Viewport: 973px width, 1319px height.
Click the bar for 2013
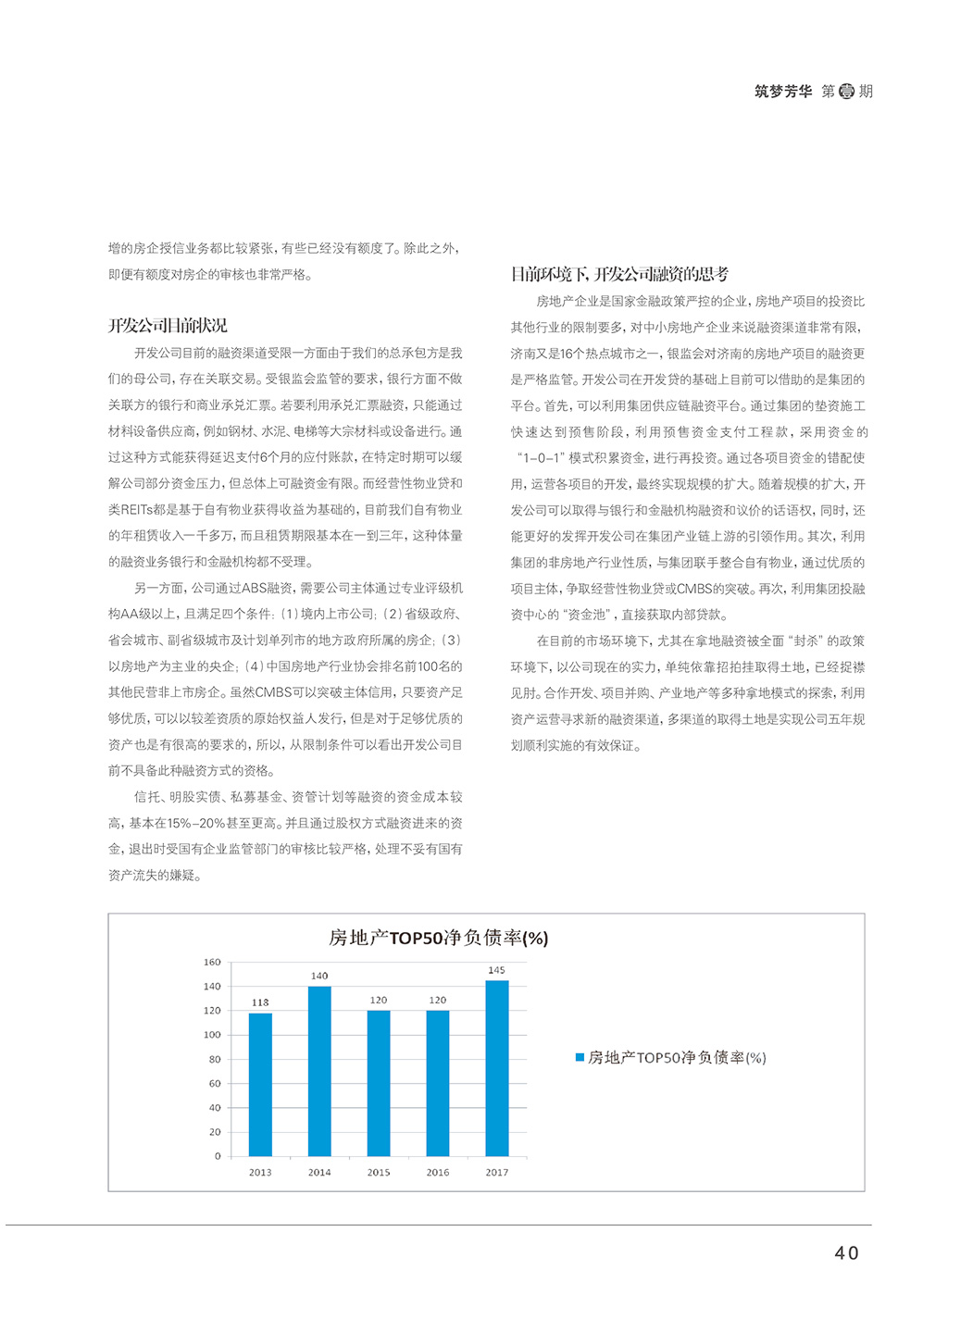[260, 1084]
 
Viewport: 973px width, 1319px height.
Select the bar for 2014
[319, 1071]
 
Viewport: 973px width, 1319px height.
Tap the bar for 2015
[379, 1083]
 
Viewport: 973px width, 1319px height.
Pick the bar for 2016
[438, 1083]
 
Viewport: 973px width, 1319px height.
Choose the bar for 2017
[497, 1068]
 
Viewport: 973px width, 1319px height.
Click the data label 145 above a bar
[497, 970]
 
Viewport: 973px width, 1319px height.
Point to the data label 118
[260, 1002]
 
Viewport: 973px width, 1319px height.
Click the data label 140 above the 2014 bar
[319, 976]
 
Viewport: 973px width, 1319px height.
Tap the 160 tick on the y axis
[212, 963]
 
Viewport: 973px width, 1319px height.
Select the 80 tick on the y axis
[215, 1059]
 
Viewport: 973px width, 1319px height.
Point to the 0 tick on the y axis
[218, 1156]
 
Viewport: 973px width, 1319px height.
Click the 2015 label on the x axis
[379, 1173]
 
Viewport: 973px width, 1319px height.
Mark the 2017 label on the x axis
[497, 1173]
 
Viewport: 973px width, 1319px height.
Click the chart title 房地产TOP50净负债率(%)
[438, 938]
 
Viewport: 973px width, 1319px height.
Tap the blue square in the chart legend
[580, 1057]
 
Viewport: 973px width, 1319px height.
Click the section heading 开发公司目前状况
[168, 326]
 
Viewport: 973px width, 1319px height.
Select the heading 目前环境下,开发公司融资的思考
[619, 274]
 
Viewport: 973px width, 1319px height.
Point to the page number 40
[846, 1253]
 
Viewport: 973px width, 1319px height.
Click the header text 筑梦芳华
[783, 92]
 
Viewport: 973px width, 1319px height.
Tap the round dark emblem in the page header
[846, 92]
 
